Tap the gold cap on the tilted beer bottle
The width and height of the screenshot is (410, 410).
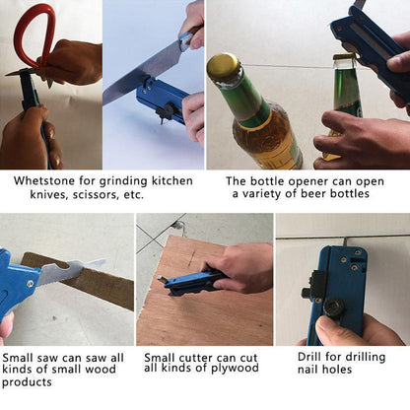(224, 68)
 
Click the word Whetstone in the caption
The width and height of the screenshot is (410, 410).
(44, 180)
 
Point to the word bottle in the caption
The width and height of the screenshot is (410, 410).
(266, 181)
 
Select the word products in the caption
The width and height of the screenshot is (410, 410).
(27, 382)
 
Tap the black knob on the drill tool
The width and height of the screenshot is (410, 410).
(335, 307)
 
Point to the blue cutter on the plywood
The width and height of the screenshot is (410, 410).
(194, 282)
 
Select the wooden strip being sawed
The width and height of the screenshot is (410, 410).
(78, 280)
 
